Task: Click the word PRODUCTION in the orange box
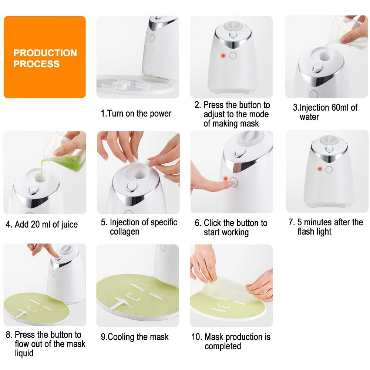pos(45,53)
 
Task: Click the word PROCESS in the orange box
pos(36,64)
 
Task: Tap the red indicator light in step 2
pos(223,55)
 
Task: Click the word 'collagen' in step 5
pos(125,232)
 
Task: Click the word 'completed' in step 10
pos(223,346)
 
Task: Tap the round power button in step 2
pos(233,55)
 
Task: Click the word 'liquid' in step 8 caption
pos(24,353)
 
